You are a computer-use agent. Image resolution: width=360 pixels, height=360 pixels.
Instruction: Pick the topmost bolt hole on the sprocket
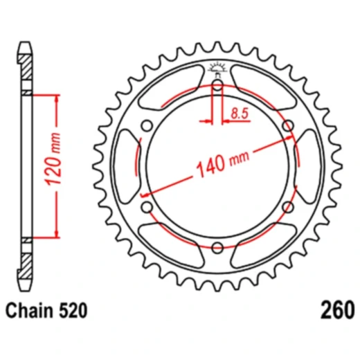point(217,87)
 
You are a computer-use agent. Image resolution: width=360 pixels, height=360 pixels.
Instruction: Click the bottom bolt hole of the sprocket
point(217,248)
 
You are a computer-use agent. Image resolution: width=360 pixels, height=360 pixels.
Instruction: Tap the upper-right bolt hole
point(287,127)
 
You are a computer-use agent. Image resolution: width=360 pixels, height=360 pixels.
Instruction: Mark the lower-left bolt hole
point(147,208)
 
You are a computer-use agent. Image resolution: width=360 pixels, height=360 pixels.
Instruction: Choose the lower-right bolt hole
point(288,208)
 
